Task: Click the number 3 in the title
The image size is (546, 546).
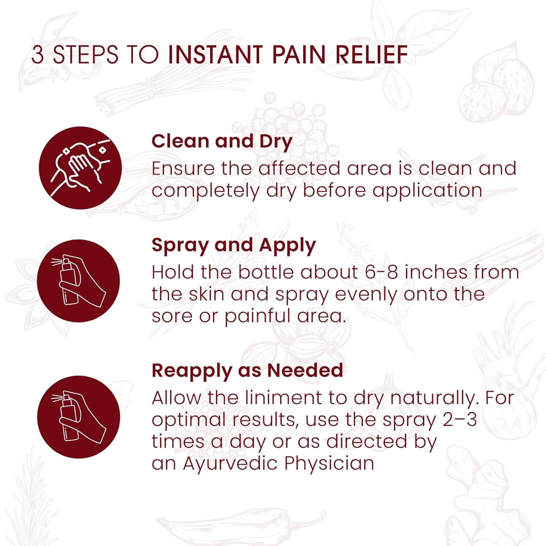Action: tap(37, 55)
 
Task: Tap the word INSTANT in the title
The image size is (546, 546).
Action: tap(215, 55)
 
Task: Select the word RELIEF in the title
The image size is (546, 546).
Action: tap(371, 55)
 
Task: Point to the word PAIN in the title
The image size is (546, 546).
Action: tap(298, 55)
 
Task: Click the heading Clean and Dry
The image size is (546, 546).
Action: tap(222, 141)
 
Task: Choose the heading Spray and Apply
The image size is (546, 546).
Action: tap(233, 245)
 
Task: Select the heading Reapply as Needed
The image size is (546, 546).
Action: tap(247, 371)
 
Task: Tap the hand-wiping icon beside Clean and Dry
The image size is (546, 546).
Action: tap(80, 168)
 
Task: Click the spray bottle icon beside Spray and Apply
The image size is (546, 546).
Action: tap(79, 281)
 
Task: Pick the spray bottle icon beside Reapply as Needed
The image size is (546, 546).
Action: tap(79, 417)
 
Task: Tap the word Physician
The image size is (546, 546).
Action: tap(329, 464)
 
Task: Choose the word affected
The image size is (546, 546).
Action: tap(299, 169)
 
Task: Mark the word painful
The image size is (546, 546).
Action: tap(257, 316)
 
